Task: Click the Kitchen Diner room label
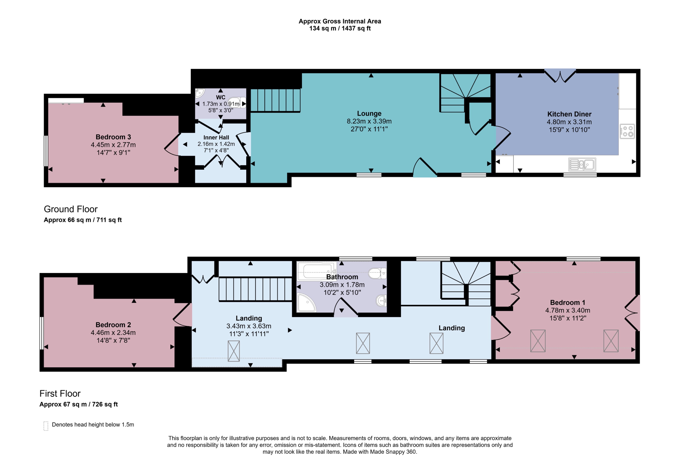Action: [x=569, y=114]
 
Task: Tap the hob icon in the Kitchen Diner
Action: [x=627, y=131]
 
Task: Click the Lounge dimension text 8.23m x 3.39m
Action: [x=369, y=121]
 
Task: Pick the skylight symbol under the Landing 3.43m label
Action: [x=233, y=351]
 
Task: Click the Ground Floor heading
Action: [x=71, y=209]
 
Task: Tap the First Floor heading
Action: [x=60, y=393]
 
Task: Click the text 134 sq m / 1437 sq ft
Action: [x=340, y=28]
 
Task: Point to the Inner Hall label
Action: [x=216, y=137]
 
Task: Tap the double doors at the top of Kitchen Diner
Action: [x=560, y=76]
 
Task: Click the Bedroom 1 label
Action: [x=567, y=303]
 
